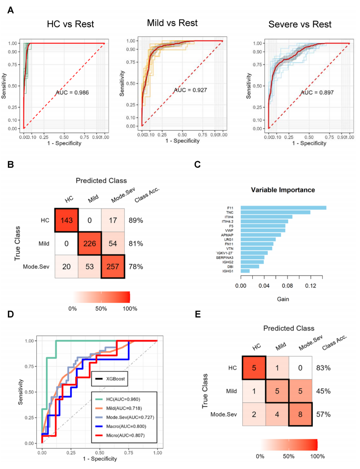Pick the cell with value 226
pyautogui.click(x=90, y=244)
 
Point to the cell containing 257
pyautogui.click(x=113, y=267)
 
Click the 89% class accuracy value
pyautogui.click(x=136, y=220)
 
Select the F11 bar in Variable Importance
pyautogui.click(x=283, y=208)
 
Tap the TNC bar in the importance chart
pyautogui.click(x=275, y=212)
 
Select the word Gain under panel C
pyautogui.click(x=283, y=299)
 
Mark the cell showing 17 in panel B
pyautogui.click(x=113, y=220)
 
